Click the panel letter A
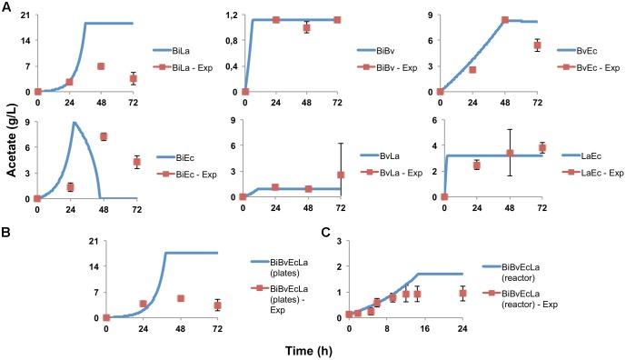click(x=6, y=8)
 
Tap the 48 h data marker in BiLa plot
click(x=101, y=66)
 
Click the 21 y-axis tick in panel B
click(x=91, y=241)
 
